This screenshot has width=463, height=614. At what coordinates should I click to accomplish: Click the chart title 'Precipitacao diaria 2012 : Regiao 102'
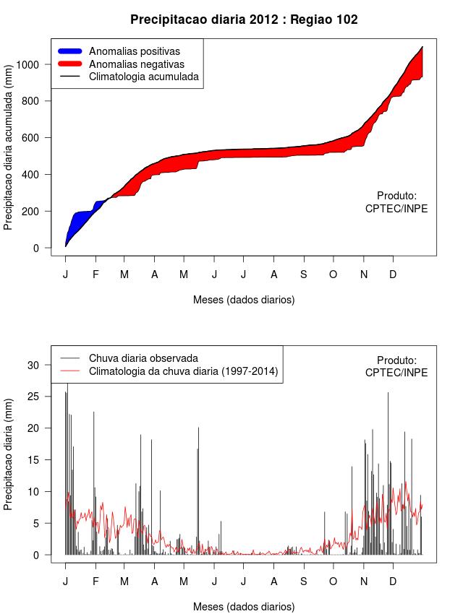click(x=244, y=20)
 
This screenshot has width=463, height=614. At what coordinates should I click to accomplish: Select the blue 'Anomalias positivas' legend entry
click(x=134, y=51)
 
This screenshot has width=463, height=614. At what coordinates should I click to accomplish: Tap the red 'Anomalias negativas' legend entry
click(x=136, y=64)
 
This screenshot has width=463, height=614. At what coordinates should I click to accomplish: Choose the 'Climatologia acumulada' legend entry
click(x=143, y=76)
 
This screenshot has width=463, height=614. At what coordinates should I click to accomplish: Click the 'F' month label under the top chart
click(x=95, y=274)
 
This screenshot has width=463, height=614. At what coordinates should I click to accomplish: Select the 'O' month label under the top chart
click(x=334, y=274)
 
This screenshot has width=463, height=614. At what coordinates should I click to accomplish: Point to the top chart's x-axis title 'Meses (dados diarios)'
click(x=244, y=299)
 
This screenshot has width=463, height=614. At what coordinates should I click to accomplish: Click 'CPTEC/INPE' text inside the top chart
click(x=396, y=208)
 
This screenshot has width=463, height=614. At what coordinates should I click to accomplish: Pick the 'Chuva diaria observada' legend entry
click(x=143, y=358)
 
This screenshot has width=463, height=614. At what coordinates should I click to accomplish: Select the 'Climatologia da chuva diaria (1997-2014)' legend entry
click(x=183, y=371)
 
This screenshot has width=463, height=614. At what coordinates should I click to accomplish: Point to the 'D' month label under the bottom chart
click(x=393, y=581)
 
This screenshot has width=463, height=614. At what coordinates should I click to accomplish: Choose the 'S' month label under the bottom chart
click(x=304, y=581)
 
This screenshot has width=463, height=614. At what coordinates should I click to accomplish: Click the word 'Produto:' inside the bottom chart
click(x=397, y=360)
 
